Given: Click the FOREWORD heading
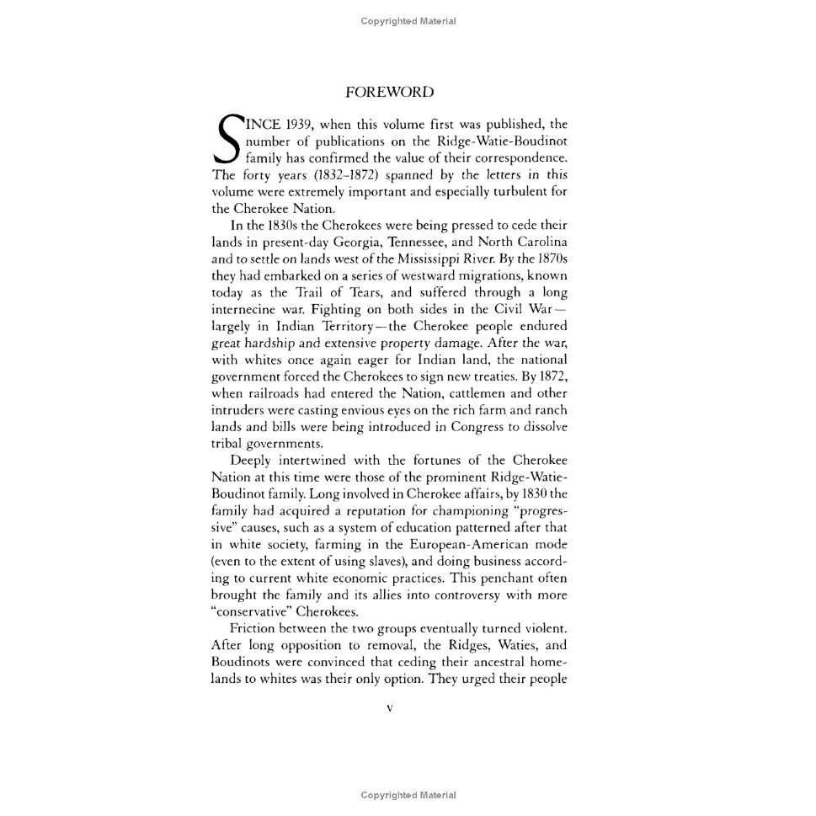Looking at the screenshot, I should [389, 93].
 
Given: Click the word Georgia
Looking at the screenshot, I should [360, 242].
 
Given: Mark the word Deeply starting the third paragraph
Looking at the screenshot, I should [250, 461].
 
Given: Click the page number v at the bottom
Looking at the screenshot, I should [389, 709].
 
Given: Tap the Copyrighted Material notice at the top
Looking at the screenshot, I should [408, 21].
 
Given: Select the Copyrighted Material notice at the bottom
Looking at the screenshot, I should [408, 795].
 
